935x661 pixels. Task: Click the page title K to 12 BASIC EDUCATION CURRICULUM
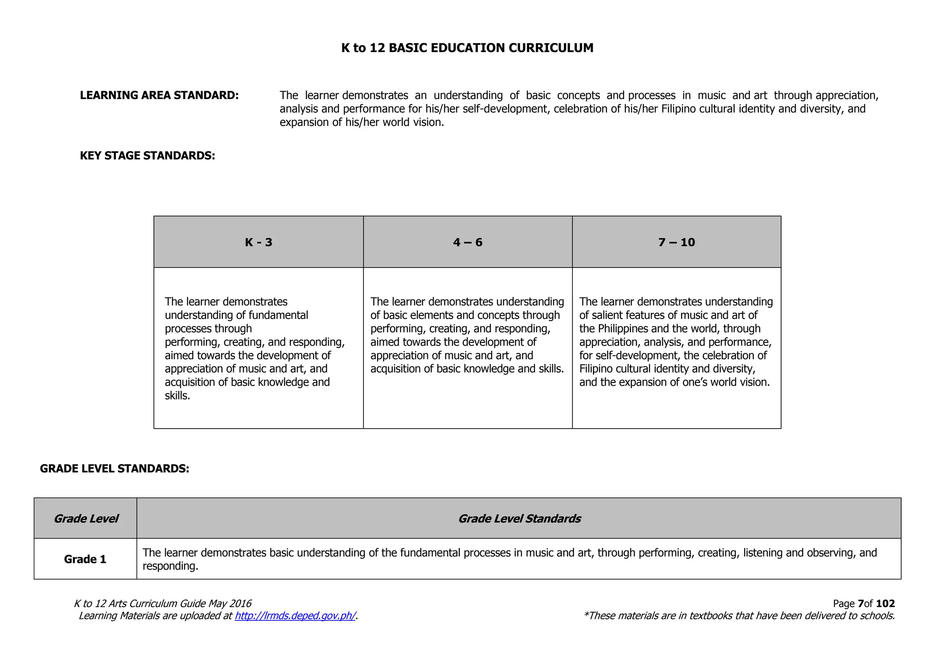pyautogui.click(x=467, y=48)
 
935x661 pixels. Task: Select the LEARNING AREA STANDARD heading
pyautogui.click(x=159, y=95)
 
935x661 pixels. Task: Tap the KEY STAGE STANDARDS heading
pyautogui.click(x=147, y=156)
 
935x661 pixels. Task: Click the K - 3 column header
pyautogui.click(x=258, y=242)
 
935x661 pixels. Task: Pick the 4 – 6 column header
pyautogui.click(x=467, y=242)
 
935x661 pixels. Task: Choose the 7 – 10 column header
pyautogui.click(x=676, y=242)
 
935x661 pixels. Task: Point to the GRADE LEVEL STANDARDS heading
pyautogui.click(x=115, y=469)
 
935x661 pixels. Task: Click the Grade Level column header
pyautogui.click(x=85, y=519)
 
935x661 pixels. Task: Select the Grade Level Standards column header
pyautogui.click(x=519, y=519)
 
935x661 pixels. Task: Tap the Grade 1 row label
pyautogui.click(x=85, y=559)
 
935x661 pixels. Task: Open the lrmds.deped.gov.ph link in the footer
pyautogui.click(x=295, y=616)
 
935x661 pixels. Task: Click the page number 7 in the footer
pyautogui.click(x=861, y=604)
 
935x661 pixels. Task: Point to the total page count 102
pyautogui.click(x=885, y=604)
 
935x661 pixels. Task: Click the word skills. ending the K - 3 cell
pyautogui.click(x=177, y=396)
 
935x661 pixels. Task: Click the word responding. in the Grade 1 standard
pyautogui.click(x=170, y=567)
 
